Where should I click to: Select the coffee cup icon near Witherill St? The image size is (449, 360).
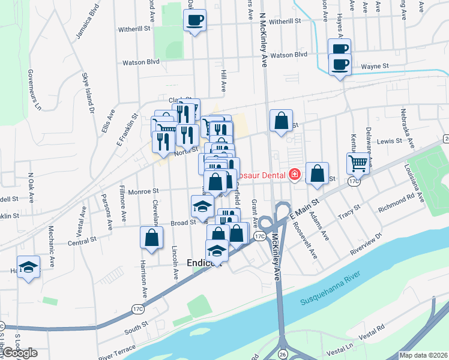(194, 20)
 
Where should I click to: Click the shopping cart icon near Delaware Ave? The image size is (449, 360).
(358, 162)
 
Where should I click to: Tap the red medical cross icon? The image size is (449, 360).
(294, 175)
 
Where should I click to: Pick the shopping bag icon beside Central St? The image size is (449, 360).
(151, 236)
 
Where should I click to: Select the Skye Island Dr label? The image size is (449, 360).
(88, 92)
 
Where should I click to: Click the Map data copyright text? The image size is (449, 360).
(424, 355)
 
